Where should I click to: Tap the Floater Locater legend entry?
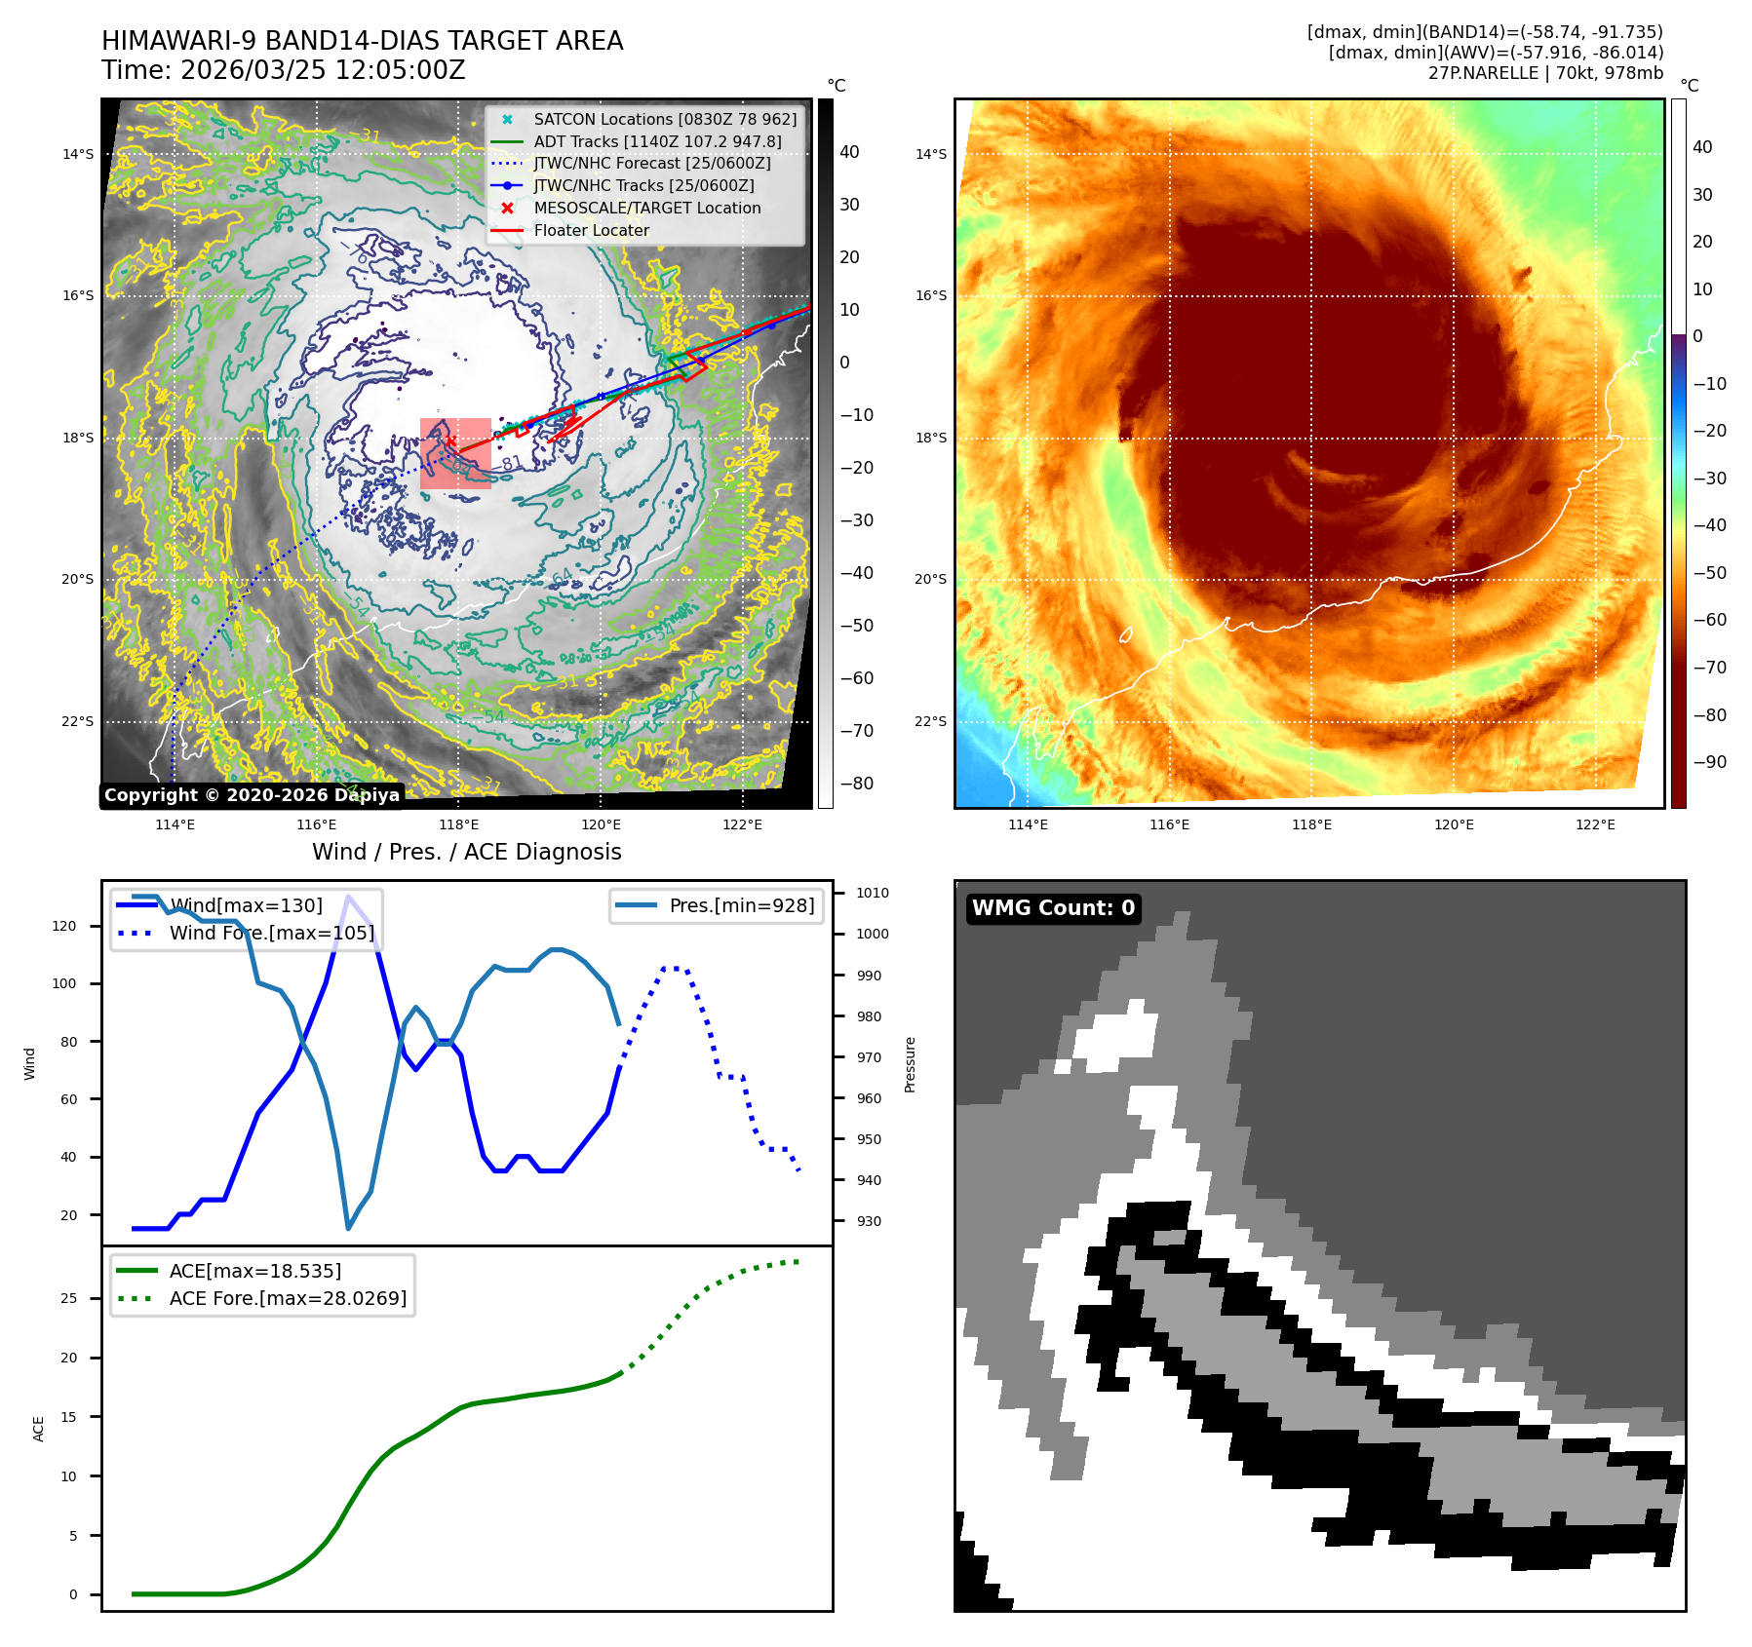pos(591,230)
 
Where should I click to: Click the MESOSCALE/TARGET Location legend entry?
pos(646,208)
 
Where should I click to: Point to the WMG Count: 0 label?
pos(1053,908)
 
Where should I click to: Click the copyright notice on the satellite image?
pos(252,795)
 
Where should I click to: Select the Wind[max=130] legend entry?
pos(245,905)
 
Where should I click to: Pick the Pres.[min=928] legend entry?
pos(741,905)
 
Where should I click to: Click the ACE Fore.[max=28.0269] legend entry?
pos(288,1298)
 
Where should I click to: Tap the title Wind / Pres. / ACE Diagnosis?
pos(466,852)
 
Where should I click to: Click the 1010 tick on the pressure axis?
pos(873,893)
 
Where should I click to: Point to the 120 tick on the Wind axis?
pos(64,926)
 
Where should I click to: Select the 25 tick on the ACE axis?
pos(68,1298)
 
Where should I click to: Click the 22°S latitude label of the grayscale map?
pos(78,721)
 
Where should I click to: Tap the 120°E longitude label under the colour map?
pos(1453,824)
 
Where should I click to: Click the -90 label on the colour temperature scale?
pos(1710,762)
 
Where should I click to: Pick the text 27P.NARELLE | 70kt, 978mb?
pos(1545,73)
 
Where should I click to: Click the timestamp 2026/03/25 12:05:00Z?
pos(323,70)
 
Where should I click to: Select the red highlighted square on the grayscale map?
pos(455,453)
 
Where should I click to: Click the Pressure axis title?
pos(910,1064)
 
